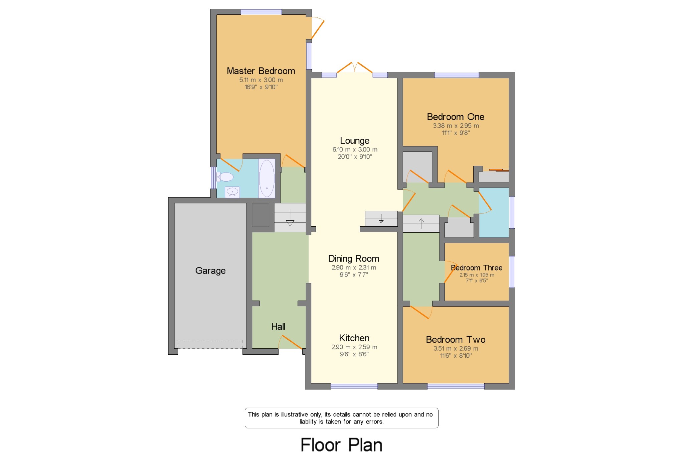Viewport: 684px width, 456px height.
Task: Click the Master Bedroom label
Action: [261, 71]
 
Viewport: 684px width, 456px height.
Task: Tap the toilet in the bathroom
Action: [225, 177]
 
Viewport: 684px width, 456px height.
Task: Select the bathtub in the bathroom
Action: [267, 178]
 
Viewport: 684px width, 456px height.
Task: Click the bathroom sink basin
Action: [232, 192]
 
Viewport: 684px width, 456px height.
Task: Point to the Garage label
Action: [210, 270]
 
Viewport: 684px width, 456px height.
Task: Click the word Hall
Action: [278, 326]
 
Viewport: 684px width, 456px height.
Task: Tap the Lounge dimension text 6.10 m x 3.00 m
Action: [355, 149]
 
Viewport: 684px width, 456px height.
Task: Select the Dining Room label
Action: [354, 258]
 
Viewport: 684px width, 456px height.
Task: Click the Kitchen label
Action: [354, 338]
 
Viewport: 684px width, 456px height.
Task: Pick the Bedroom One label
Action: [456, 117]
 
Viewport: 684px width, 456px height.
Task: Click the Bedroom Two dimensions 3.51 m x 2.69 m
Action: [456, 348]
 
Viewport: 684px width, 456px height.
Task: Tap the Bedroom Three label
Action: [477, 267]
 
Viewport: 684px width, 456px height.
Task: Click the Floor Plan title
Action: [341, 445]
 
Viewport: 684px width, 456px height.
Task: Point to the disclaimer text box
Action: [341, 418]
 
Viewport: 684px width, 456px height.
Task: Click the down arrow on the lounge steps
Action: [381, 219]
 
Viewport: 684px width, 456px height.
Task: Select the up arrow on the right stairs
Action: [421, 223]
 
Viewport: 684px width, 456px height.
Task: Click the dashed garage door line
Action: [210, 344]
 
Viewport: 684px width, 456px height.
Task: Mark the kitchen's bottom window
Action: [354, 386]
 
